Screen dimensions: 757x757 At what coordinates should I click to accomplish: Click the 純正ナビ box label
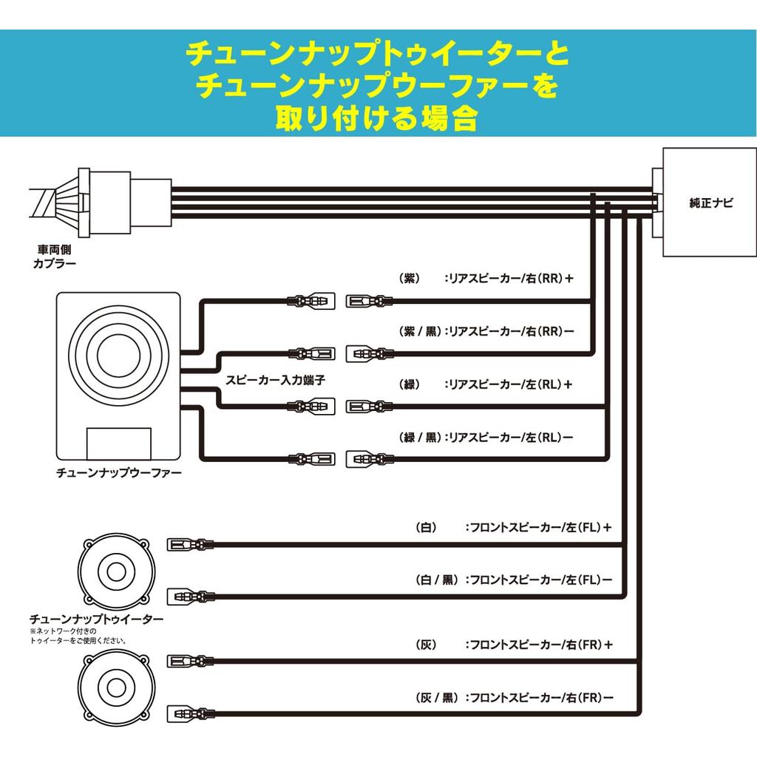pos(710,203)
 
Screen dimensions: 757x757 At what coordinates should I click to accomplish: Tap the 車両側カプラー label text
pos(55,257)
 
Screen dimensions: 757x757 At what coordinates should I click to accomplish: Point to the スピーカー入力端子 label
pos(275,378)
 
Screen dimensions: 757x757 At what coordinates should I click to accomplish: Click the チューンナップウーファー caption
pos(119,471)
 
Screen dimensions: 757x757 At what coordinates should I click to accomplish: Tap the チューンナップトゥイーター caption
pos(96,618)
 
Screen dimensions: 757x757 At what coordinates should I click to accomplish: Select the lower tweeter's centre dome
pos(117,687)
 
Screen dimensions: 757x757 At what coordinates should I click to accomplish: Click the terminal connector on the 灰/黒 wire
pos(191,713)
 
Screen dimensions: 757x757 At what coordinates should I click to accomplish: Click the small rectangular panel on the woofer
pos(120,443)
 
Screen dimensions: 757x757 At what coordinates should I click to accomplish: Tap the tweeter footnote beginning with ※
pos(78,636)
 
